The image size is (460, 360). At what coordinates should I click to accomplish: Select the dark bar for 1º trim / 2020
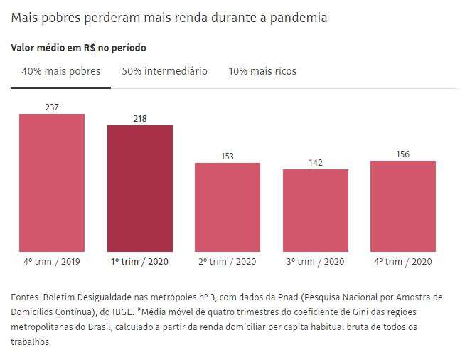coord(140,188)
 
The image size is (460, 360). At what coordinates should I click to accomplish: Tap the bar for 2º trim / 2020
coord(228,207)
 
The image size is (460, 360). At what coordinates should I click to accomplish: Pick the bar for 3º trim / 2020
coord(316,210)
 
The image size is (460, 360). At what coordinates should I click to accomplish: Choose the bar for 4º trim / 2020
coord(403,206)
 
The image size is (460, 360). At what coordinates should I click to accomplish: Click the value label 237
coord(51,107)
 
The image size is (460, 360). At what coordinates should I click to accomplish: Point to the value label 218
coord(140,119)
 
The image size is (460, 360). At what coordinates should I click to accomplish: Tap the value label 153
coord(228,157)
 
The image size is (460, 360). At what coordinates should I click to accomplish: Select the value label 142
coord(316,163)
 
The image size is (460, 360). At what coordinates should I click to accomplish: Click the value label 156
coord(403,154)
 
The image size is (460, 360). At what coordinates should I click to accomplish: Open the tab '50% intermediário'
coord(164,71)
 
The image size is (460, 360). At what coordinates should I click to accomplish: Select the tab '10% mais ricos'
coord(262,71)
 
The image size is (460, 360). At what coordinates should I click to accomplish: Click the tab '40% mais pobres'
coord(61,71)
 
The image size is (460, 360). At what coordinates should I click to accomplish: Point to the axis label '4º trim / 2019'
coord(52,262)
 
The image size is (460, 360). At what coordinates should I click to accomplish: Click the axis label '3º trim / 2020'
coord(316,262)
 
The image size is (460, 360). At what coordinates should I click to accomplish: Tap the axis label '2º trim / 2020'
coord(228,262)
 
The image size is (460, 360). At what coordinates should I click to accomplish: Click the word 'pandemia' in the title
coord(298,18)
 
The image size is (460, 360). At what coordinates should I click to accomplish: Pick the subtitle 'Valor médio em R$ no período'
coord(79,48)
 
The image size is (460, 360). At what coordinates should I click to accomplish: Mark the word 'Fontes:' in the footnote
coord(26,296)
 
